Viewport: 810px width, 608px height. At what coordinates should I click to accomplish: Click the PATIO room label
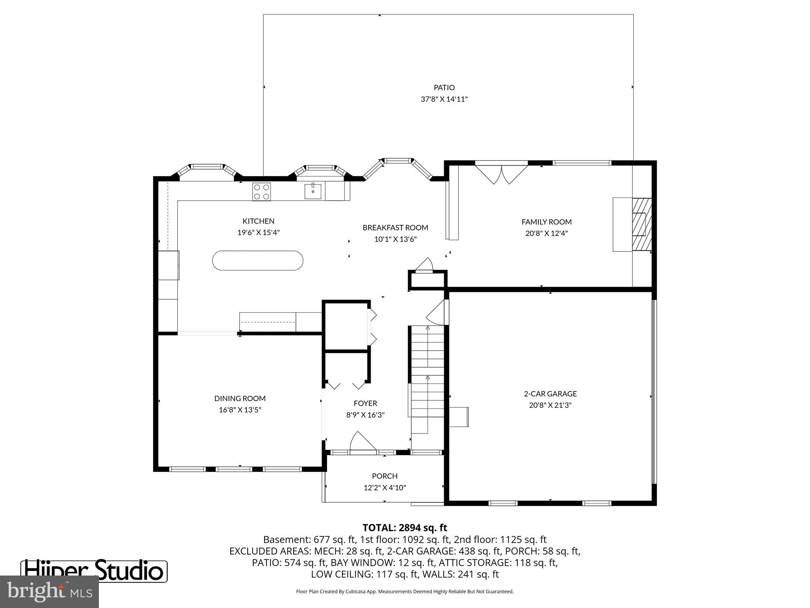pos(444,87)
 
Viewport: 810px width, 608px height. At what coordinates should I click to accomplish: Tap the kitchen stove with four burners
pos(261,192)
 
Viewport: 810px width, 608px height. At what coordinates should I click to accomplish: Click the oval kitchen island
pos(258,260)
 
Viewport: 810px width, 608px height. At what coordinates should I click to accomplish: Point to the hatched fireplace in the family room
pos(641,224)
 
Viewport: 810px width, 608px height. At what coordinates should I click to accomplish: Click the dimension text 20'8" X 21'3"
pos(550,405)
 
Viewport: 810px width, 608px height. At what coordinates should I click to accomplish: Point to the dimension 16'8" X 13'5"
pos(240,410)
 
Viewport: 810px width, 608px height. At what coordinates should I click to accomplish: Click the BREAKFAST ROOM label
pos(395,228)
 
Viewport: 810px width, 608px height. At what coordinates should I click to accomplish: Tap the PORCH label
pos(384,476)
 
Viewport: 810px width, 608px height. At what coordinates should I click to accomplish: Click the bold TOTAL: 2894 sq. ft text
pos(405,528)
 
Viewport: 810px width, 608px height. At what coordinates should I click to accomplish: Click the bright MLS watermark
pos(49,592)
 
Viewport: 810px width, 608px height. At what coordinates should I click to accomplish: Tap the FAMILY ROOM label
pos(546,222)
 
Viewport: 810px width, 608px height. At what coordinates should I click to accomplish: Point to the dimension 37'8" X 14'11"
pos(444,99)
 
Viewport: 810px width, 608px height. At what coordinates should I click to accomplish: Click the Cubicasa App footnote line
pos(405,592)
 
